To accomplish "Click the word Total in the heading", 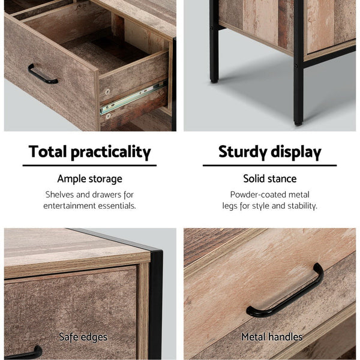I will click(47, 151).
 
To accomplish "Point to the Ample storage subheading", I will click(89, 179).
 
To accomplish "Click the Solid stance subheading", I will click(269, 179).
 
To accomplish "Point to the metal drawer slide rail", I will click(133, 98).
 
